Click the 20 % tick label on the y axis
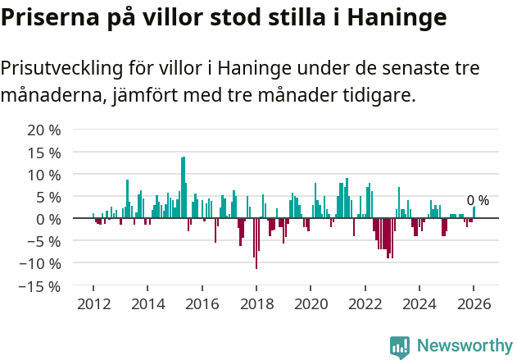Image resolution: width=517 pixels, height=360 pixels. [x=44, y=130]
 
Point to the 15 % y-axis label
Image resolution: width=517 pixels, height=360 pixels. [x=44, y=153]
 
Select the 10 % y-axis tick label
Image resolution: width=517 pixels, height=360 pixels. [x=44, y=175]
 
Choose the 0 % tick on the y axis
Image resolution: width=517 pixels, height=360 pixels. [x=48, y=219]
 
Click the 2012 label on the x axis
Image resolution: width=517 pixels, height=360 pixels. [x=93, y=303]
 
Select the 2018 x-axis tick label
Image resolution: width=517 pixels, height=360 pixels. [x=256, y=303]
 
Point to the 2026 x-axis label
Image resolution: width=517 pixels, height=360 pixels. [x=474, y=303]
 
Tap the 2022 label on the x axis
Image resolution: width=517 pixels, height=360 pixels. [x=365, y=303]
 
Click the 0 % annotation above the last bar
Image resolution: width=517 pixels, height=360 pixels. [x=478, y=201]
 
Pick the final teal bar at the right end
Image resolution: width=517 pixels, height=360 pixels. [x=474, y=212]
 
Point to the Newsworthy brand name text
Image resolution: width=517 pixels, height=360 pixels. [x=464, y=346]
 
